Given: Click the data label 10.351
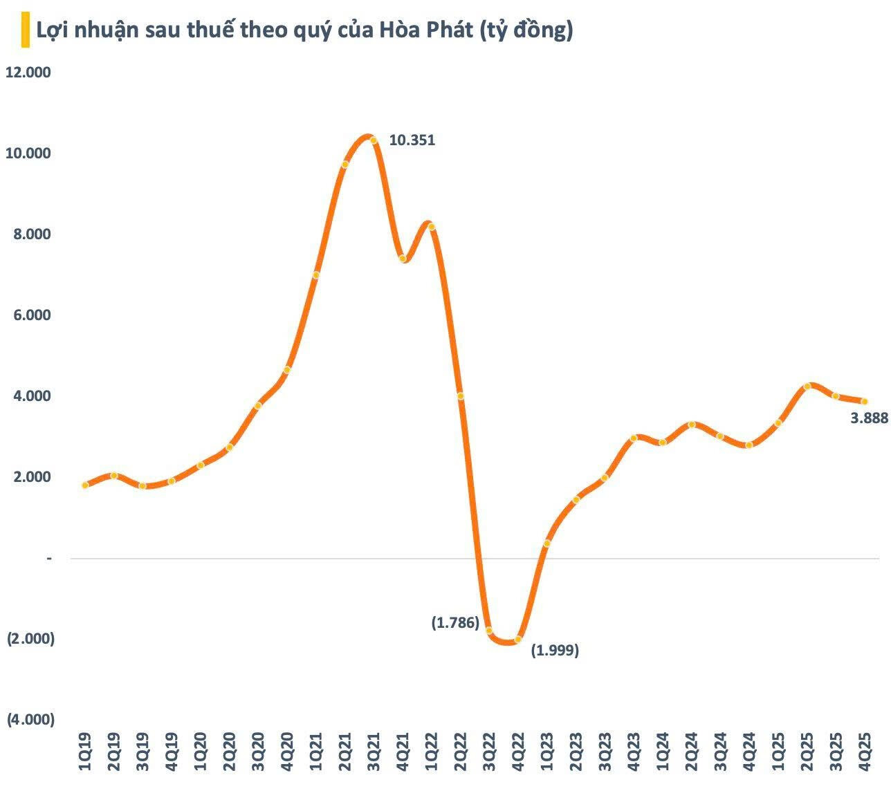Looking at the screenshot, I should [412, 140].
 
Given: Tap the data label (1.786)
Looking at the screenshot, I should [455, 622].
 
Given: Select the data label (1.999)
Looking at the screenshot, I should [555, 651].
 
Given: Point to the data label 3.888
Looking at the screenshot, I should [869, 418].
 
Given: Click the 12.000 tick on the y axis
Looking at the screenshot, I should [28, 73].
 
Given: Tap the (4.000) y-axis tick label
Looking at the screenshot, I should [30, 720].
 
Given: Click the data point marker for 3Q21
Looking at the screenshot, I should [374, 140].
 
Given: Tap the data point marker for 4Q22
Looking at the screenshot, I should [518, 640].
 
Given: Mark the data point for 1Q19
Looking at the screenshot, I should [85, 485].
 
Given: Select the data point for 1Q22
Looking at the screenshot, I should [431, 227].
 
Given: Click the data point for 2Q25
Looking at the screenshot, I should [807, 387].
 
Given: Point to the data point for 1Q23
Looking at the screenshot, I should [547, 543].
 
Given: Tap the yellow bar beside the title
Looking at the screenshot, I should [25, 32].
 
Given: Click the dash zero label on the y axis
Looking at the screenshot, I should [49, 558].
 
